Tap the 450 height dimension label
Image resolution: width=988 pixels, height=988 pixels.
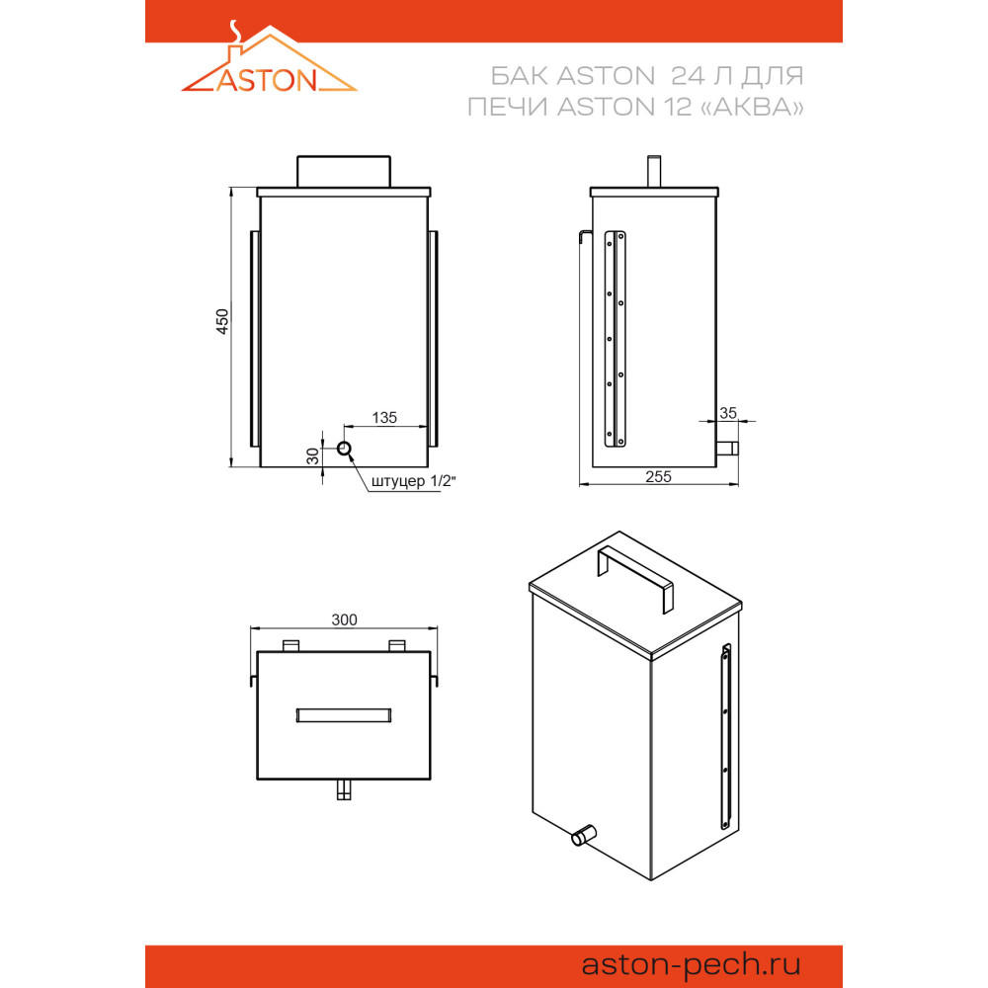(222, 321)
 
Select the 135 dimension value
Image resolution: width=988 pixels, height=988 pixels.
(384, 418)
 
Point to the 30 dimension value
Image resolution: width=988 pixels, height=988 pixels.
(312, 456)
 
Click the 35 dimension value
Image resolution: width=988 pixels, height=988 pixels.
(728, 413)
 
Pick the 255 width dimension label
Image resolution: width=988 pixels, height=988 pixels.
(658, 477)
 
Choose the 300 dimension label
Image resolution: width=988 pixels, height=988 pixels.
(344, 620)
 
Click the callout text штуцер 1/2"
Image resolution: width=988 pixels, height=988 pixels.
(413, 481)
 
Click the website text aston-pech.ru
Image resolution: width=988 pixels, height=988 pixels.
(691, 964)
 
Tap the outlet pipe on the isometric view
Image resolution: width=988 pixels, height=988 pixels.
(584, 835)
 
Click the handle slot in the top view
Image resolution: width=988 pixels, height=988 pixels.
(344, 715)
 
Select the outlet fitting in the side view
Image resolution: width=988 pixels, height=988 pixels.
(727, 449)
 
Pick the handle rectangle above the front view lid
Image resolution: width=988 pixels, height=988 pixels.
(344, 171)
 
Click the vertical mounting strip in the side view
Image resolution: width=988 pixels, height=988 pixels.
(615, 339)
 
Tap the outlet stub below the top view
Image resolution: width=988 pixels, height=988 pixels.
(344, 789)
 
